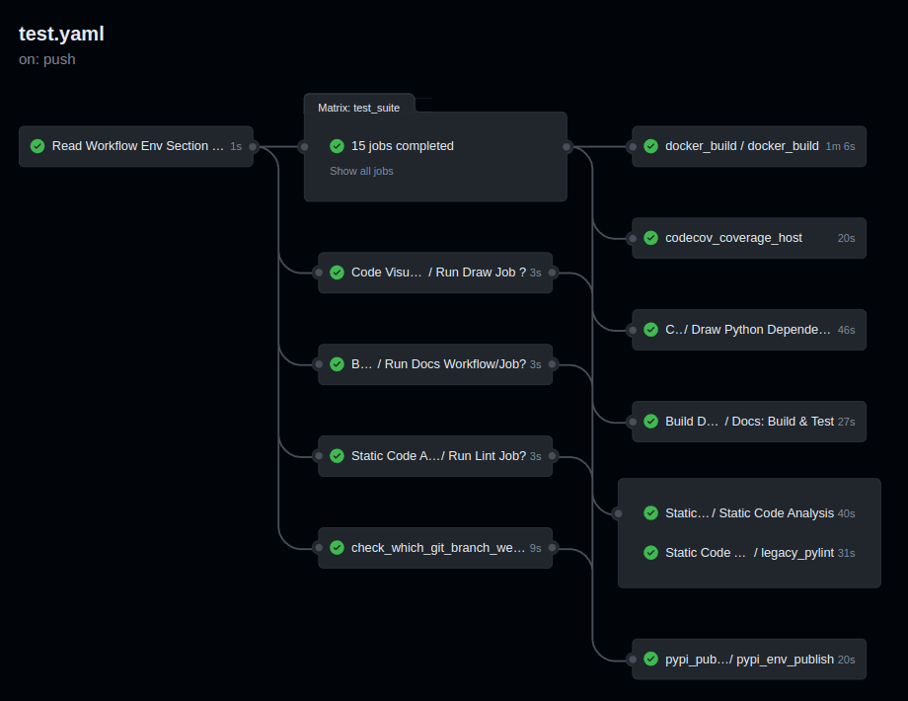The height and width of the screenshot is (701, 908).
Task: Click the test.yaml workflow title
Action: [61, 34]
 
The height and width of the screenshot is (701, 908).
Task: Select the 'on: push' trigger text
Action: [47, 59]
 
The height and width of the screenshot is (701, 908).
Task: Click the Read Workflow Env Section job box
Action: [136, 146]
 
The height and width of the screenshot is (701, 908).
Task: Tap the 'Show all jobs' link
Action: [361, 171]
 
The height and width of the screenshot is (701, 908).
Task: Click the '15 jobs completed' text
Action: [402, 146]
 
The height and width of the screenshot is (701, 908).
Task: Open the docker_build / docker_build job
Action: [741, 146]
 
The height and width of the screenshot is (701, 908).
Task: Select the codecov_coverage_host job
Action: [733, 238]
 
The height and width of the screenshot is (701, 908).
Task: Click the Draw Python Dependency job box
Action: [747, 330]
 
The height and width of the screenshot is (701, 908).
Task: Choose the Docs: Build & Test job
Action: [749, 422]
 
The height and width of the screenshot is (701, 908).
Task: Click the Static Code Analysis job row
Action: [749, 513]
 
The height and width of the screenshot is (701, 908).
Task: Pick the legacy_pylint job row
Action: [749, 553]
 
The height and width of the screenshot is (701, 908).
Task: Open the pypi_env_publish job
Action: [749, 660]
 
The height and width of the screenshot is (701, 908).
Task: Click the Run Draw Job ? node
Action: [434, 273]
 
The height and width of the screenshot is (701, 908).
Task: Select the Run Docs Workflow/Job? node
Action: [434, 364]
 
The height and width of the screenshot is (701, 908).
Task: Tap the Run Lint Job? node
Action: [434, 456]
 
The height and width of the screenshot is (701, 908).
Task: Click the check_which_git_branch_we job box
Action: [434, 548]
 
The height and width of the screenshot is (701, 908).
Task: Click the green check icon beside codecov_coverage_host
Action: [650, 238]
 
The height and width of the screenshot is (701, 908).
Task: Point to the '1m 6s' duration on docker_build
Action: [840, 146]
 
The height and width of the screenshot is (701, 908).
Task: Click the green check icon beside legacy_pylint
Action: [650, 553]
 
